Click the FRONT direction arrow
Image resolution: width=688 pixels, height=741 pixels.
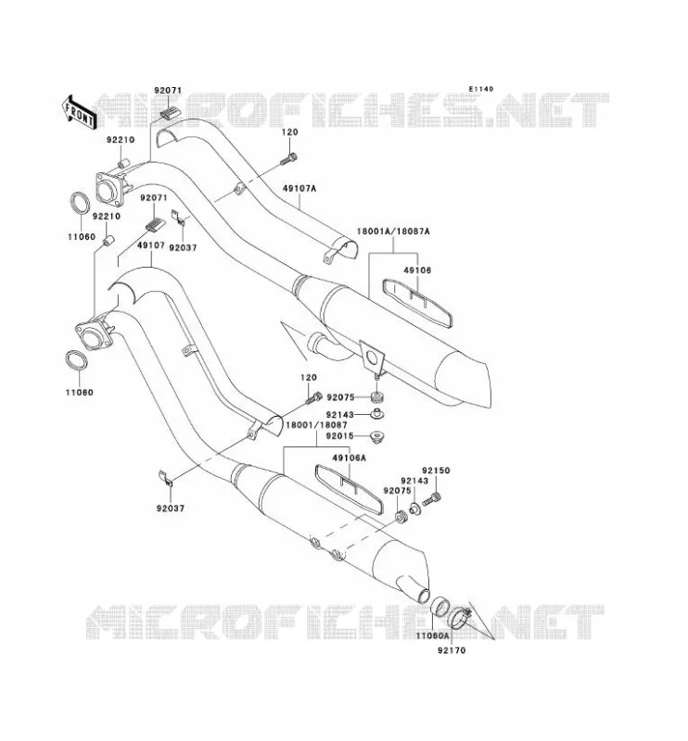pyautogui.click(x=80, y=113)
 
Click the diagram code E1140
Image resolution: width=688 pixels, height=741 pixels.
pyautogui.click(x=480, y=89)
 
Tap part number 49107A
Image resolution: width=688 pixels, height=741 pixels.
pyautogui.click(x=299, y=189)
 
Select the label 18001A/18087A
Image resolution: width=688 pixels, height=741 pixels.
pyautogui.click(x=393, y=232)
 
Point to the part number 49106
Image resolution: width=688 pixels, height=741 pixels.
pyautogui.click(x=417, y=270)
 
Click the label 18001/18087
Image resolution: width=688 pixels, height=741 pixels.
pyautogui.click(x=316, y=425)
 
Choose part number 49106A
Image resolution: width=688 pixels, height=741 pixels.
pyautogui.click(x=350, y=458)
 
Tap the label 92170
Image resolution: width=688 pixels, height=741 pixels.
pyautogui.click(x=452, y=650)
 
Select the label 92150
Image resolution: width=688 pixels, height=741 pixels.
pyautogui.click(x=436, y=471)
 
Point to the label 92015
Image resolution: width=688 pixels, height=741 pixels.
pyautogui.click(x=339, y=435)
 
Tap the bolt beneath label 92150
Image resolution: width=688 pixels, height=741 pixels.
pyautogui.click(x=431, y=499)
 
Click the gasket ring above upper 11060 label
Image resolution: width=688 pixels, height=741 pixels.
pyautogui.click(x=81, y=203)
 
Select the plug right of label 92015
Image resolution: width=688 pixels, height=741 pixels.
pyautogui.click(x=376, y=436)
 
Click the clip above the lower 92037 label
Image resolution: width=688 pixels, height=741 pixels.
pyautogui.click(x=165, y=478)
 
